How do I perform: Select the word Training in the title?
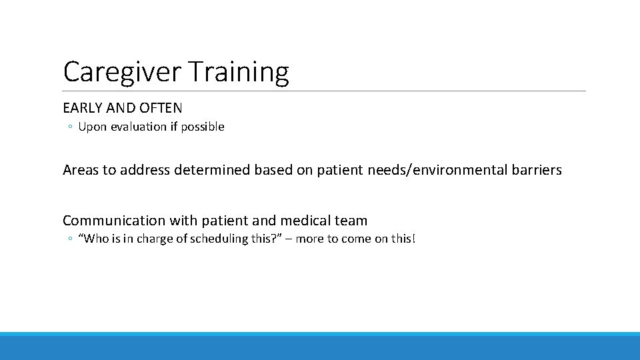click(238, 72)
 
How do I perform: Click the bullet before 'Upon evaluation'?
click(70, 127)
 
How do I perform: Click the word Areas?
click(80, 170)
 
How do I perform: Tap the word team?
click(351, 221)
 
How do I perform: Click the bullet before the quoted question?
click(70, 239)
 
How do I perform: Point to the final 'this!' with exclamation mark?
click(403, 239)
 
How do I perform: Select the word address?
click(145, 170)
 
